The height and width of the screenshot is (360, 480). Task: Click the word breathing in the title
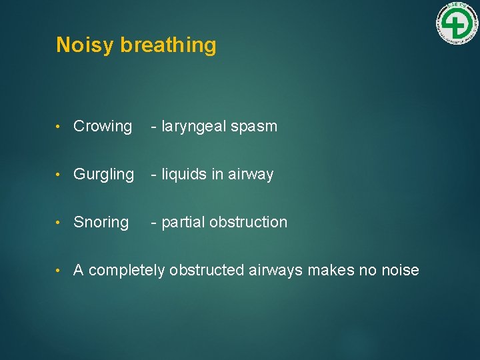click(x=168, y=45)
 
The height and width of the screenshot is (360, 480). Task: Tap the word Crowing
click(x=103, y=126)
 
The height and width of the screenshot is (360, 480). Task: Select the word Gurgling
click(x=103, y=175)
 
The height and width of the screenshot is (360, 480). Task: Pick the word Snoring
click(x=101, y=222)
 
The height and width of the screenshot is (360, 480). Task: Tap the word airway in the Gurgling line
click(x=251, y=175)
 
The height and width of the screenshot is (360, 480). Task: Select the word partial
click(x=183, y=223)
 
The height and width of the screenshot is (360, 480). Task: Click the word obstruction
click(x=248, y=222)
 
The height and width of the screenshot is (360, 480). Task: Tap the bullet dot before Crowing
click(x=60, y=127)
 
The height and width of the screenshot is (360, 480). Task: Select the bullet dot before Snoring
click(x=60, y=223)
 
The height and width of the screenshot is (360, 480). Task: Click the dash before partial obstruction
click(x=154, y=223)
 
